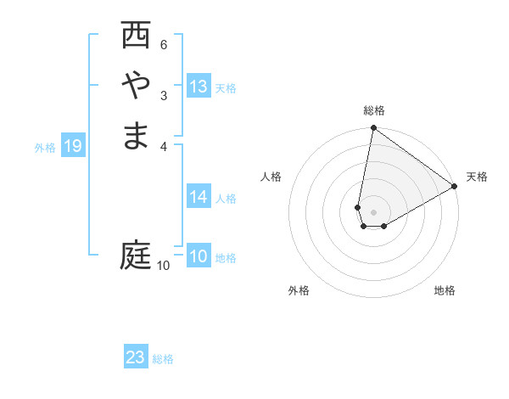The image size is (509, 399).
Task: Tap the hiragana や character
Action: [x=136, y=86]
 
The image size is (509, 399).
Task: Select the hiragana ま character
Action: [x=136, y=136]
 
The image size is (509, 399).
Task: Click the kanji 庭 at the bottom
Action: [x=136, y=255]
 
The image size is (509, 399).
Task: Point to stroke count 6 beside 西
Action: [x=164, y=44]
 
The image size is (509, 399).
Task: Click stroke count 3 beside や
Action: [x=164, y=95]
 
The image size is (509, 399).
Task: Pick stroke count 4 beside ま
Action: [x=164, y=145]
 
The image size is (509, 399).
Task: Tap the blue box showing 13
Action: [x=199, y=87]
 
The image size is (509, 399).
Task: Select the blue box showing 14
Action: [x=199, y=197]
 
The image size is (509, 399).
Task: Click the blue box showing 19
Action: [x=73, y=147]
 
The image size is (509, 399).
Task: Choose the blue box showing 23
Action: [x=136, y=357]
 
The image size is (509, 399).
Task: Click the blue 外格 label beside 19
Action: [x=45, y=148]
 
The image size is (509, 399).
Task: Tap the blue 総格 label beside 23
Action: [x=163, y=359]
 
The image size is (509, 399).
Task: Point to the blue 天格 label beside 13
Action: [x=226, y=88]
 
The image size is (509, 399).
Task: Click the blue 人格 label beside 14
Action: [x=226, y=199]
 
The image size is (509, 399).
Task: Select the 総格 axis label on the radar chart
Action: [x=374, y=110]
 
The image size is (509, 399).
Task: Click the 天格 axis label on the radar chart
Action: [x=477, y=177]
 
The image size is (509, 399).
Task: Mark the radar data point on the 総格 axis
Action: [x=373, y=128]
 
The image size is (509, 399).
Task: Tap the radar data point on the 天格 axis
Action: [x=454, y=187]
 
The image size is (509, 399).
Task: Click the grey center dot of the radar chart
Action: [x=373, y=212]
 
